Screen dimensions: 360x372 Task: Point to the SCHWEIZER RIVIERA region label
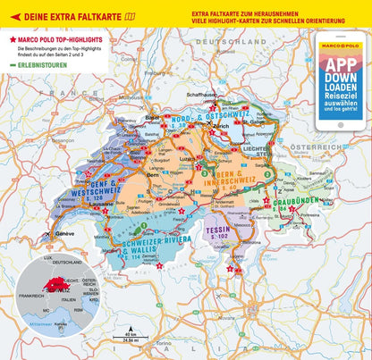(x=143, y=244)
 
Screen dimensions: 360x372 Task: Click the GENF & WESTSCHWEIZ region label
(x=81, y=185)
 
